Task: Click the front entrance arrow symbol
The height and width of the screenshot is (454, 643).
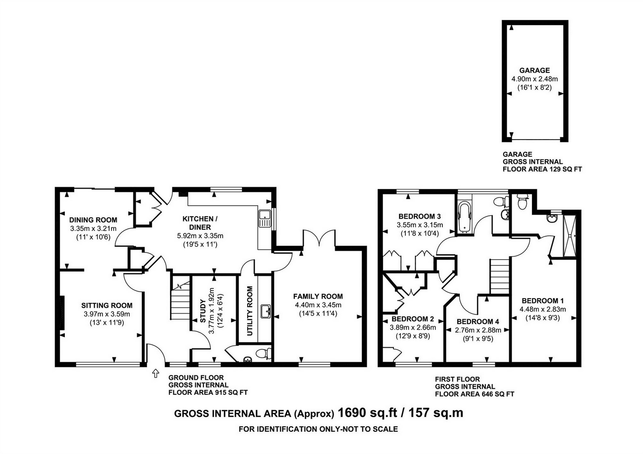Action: coord(156,373)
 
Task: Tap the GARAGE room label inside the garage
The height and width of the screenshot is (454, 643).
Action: coord(534,71)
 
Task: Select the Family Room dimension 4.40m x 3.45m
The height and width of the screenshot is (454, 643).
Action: coord(318,305)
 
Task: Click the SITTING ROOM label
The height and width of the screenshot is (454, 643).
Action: coord(107,305)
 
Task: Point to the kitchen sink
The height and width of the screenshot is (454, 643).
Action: coord(264,218)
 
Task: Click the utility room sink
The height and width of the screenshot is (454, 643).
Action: coord(265,312)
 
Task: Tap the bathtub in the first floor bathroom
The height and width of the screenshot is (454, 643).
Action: coord(464,217)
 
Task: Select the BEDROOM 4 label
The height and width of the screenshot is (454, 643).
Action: coord(478,322)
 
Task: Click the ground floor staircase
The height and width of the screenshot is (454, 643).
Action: coord(180,301)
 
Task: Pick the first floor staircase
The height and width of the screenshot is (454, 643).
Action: coord(500,276)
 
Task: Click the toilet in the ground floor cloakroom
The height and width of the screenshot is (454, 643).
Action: coord(263,353)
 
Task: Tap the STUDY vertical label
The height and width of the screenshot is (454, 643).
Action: coord(202,311)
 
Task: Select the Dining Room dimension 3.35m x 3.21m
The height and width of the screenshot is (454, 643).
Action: coord(93,229)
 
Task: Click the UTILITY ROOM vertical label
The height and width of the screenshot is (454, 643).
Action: coord(250,311)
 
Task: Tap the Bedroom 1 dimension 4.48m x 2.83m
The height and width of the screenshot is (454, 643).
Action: coord(543,309)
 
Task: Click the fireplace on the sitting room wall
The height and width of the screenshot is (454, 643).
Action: coord(62,313)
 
